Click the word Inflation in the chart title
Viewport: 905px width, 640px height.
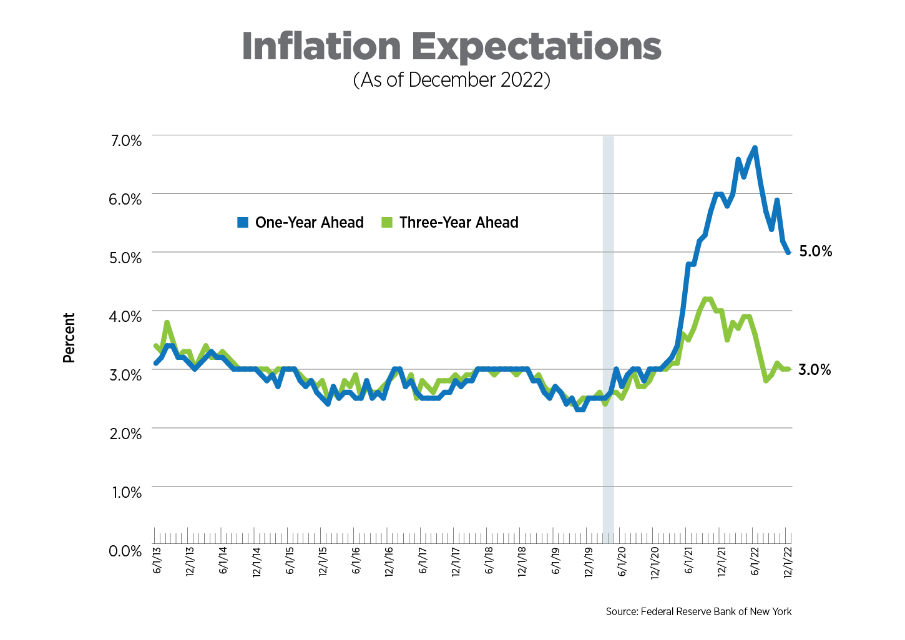(321, 46)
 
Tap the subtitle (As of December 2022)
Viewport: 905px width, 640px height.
(451, 80)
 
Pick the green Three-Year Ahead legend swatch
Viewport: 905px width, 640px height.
(387, 223)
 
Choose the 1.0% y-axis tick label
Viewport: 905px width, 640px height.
(127, 493)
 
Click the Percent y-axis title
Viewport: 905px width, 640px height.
(69, 337)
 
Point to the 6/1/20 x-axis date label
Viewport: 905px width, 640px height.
(622, 561)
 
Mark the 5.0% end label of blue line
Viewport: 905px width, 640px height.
(815, 251)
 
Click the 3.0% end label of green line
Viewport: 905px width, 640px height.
(815, 370)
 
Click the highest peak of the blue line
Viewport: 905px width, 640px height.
(755, 148)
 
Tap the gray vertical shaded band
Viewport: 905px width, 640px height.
(608, 337)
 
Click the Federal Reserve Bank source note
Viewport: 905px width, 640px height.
(698, 611)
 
